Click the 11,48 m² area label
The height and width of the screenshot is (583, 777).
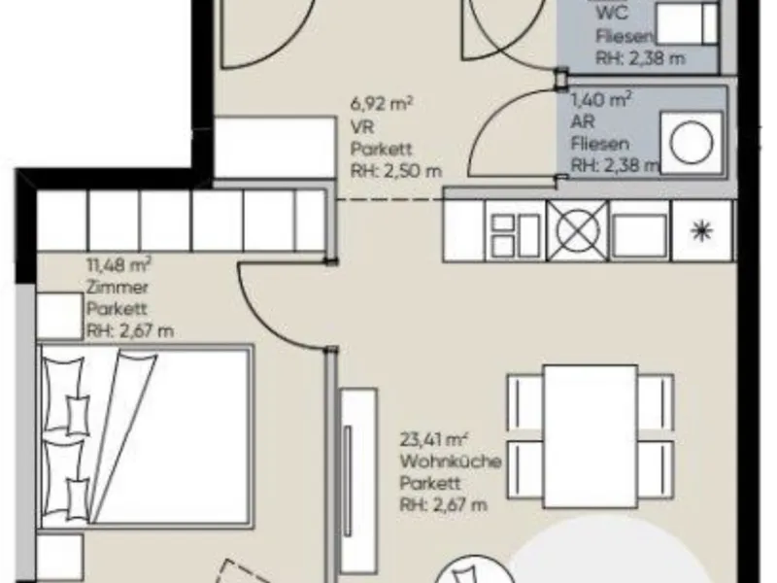tap(118, 264)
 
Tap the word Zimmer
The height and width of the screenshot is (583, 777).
tap(118, 287)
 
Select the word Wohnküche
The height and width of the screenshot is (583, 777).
tap(451, 462)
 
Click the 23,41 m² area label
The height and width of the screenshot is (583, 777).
tap(434, 439)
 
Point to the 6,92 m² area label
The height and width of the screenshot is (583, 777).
tap(382, 104)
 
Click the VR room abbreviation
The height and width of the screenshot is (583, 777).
tap(362, 127)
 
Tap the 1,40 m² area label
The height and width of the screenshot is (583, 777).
tap(601, 100)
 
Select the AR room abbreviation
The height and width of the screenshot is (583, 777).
tap(583, 121)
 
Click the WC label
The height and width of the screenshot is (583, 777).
tap(612, 13)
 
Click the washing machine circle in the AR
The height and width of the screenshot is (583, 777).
tap(692, 143)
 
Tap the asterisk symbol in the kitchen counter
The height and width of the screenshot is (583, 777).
tap(701, 231)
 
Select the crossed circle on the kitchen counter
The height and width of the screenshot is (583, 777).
tap(578, 230)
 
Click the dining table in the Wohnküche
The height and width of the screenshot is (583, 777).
tap(591, 436)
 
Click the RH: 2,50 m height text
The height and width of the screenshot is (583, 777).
tap(396, 171)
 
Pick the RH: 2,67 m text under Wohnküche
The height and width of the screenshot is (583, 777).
tap(444, 505)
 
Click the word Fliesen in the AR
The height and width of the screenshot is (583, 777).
tap(600, 144)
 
